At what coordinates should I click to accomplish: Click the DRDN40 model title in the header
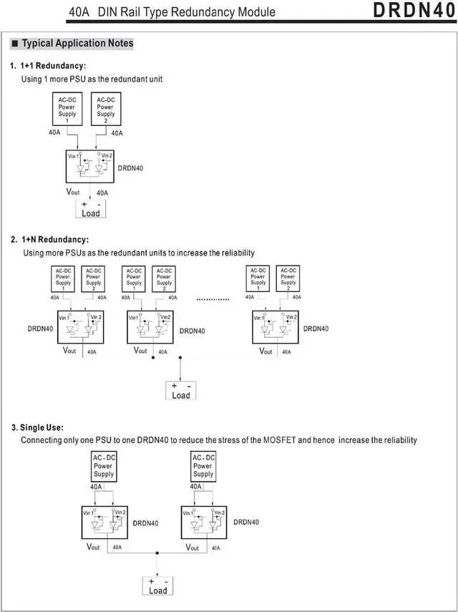pyautogui.click(x=414, y=11)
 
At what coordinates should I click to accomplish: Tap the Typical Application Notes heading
pyautogui.click(x=77, y=44)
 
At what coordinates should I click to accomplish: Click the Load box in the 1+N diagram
pyautogui.click(x=181, y=391)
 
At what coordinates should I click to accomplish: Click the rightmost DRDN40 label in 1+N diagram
pyautogui.click(x=316, y=329)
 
